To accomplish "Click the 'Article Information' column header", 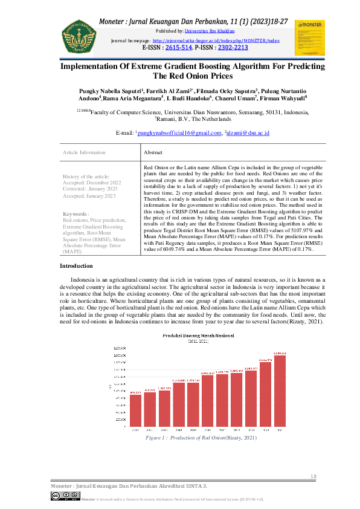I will pos(84,153).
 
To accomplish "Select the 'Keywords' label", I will pos(75,214).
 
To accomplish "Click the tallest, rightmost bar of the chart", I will pos(279,391).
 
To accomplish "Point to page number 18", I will pos(313,477).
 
